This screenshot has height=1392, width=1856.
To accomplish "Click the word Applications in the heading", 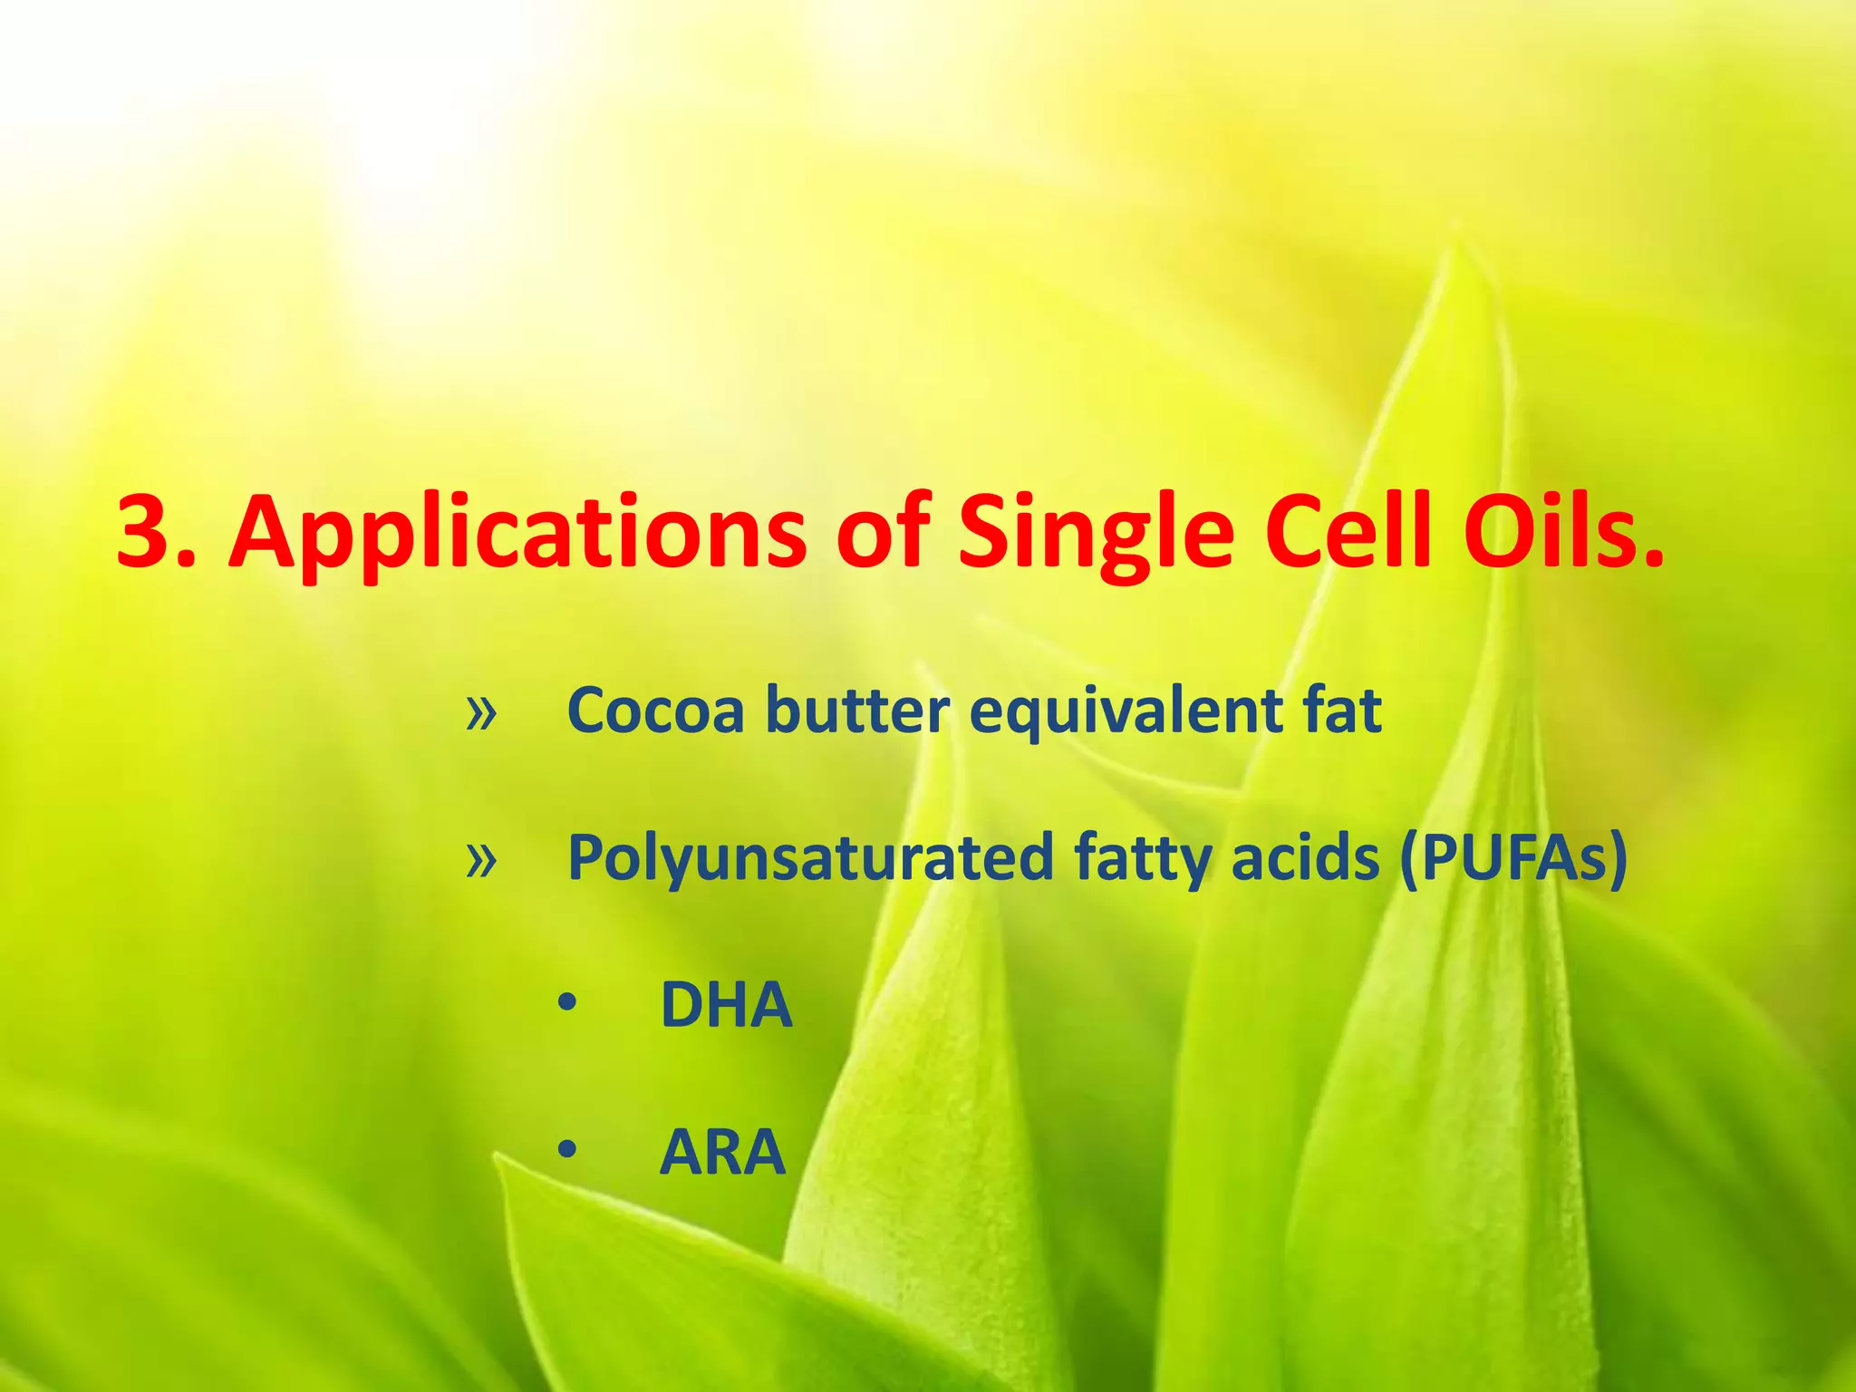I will point(517,535).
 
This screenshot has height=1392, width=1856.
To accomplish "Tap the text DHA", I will point(726,1005).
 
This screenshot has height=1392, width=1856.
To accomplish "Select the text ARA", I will point(722,1153).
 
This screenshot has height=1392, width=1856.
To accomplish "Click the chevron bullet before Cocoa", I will point(481,713).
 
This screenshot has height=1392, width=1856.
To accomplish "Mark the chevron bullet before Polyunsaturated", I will point(481,861).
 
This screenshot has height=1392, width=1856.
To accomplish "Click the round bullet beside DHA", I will point(567,1004).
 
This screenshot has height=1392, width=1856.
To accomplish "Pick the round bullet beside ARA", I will point(567,1151).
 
